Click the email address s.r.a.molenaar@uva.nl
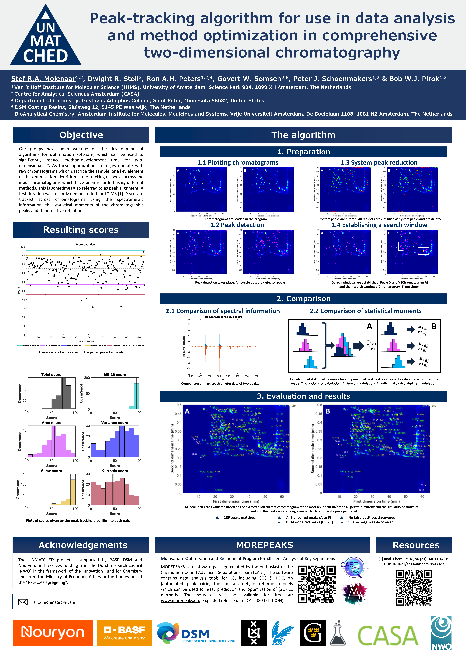[x=55, y=602]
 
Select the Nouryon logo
[x=53, y=633]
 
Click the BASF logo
[x=124, y=633]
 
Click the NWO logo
[x=441, y=633]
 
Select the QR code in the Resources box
[x=414, y=587]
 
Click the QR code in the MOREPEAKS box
[x=316, y=584]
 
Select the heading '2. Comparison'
[x=303, y=299]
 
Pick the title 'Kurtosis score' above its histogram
[x=115, y=471]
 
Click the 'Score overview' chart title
[x=85, y=244]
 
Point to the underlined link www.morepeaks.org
[x=180, y=600]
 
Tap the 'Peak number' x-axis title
[x=85, y=341]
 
